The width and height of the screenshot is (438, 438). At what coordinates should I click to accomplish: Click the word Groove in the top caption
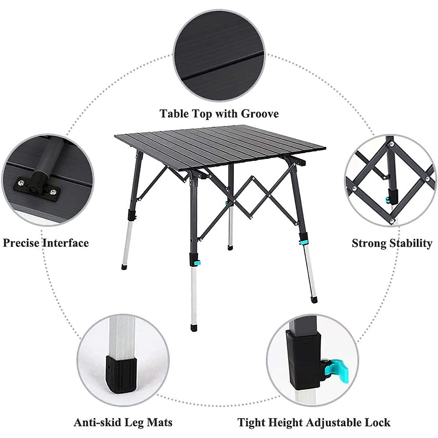click(260, 114)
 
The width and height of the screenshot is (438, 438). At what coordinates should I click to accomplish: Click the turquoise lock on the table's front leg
click(197, 262)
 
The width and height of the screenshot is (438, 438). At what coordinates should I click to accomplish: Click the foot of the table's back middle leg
click(230, 247)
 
